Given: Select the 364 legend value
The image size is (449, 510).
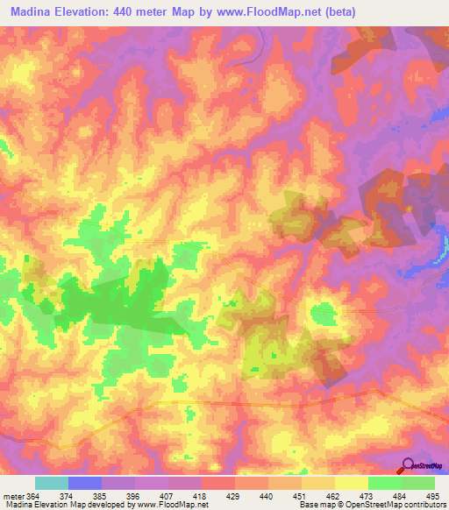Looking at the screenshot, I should [x=32, y=495].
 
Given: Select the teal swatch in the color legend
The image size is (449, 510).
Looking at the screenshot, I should [x=52, y=483].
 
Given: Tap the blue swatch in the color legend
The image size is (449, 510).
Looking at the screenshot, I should [x=85, y=483].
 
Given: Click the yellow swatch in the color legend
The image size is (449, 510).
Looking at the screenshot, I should [x=351, y=483].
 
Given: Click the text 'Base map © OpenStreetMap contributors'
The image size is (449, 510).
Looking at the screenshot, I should [x=372, y=505].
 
